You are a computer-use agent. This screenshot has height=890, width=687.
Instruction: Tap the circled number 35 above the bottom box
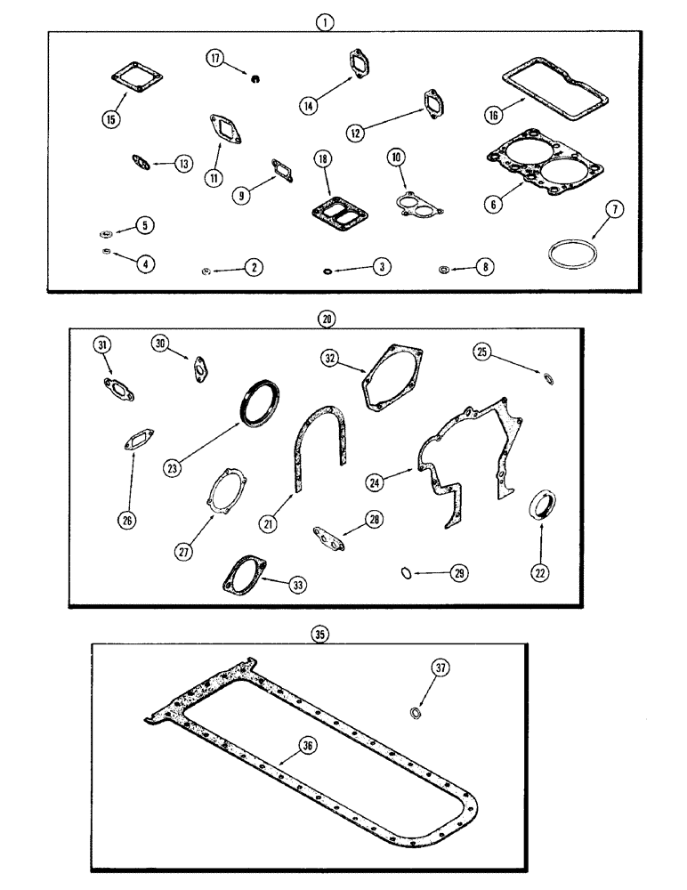(x=320, y=634)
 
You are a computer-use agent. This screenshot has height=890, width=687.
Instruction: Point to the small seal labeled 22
(x=540, y=506)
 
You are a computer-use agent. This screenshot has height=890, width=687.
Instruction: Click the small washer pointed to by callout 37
(x=415, y=714)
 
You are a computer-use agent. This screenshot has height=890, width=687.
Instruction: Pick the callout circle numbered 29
(x=460, y=574)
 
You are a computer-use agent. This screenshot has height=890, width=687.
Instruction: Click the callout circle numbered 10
(x=395, y=157)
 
